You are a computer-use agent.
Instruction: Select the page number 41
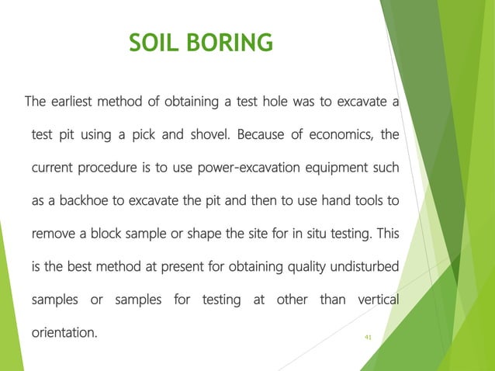point(368,337)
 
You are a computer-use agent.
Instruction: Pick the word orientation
point(65,334)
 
